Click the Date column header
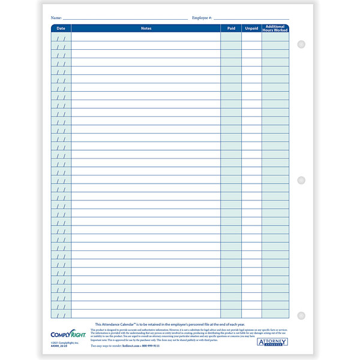click(x=61, y=28)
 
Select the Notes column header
click(x=146, y=28)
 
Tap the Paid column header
click(x=231, y=28)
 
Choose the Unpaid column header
click(x=251, y=28)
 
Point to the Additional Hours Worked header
click(x=275, y=28)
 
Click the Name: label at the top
click(x=56, y=18)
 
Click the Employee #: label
click(x=202, y=18)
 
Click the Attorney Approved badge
click(x=273, y=343)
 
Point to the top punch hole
click(x=302, y=44)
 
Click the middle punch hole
click(x=302, y=180)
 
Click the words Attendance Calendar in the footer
click(x=121, y=324)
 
